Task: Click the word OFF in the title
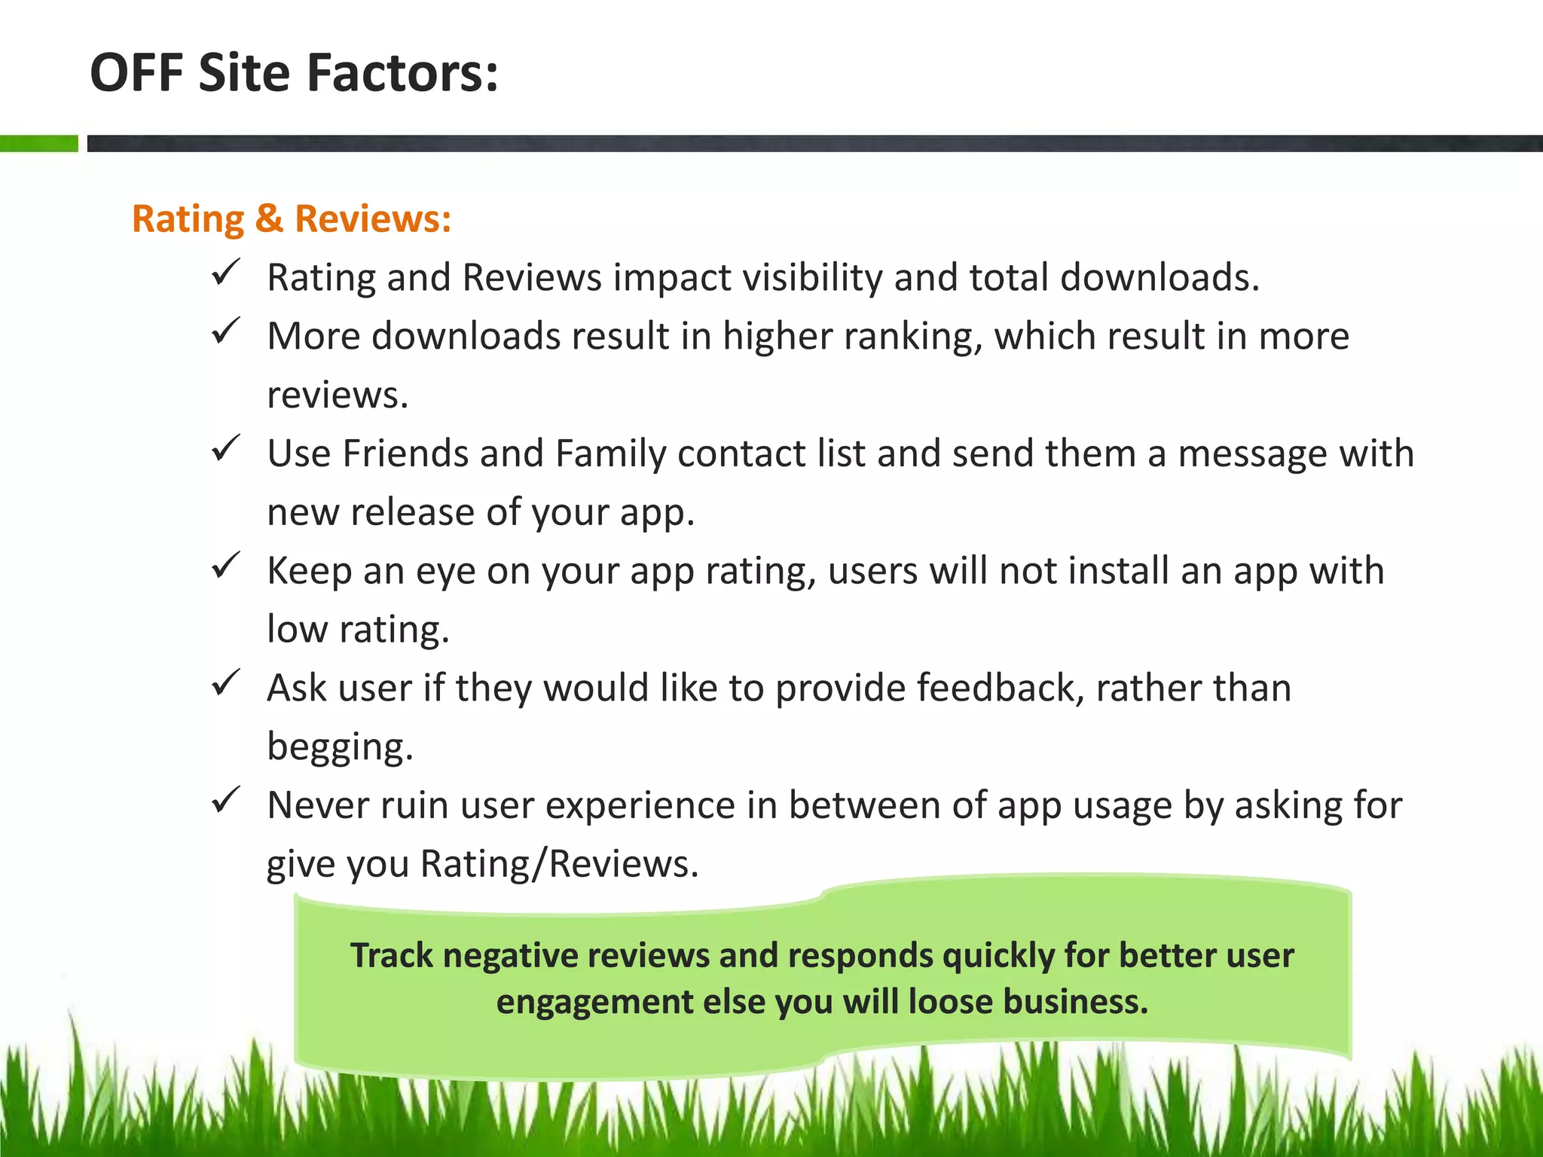click(x=136, y=73)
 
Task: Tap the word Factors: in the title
click(x=402, y=73)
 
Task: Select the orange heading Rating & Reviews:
click(x=292, y=219)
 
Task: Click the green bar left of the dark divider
click(x=38, y=143)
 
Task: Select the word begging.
click(x=340, y=747)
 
